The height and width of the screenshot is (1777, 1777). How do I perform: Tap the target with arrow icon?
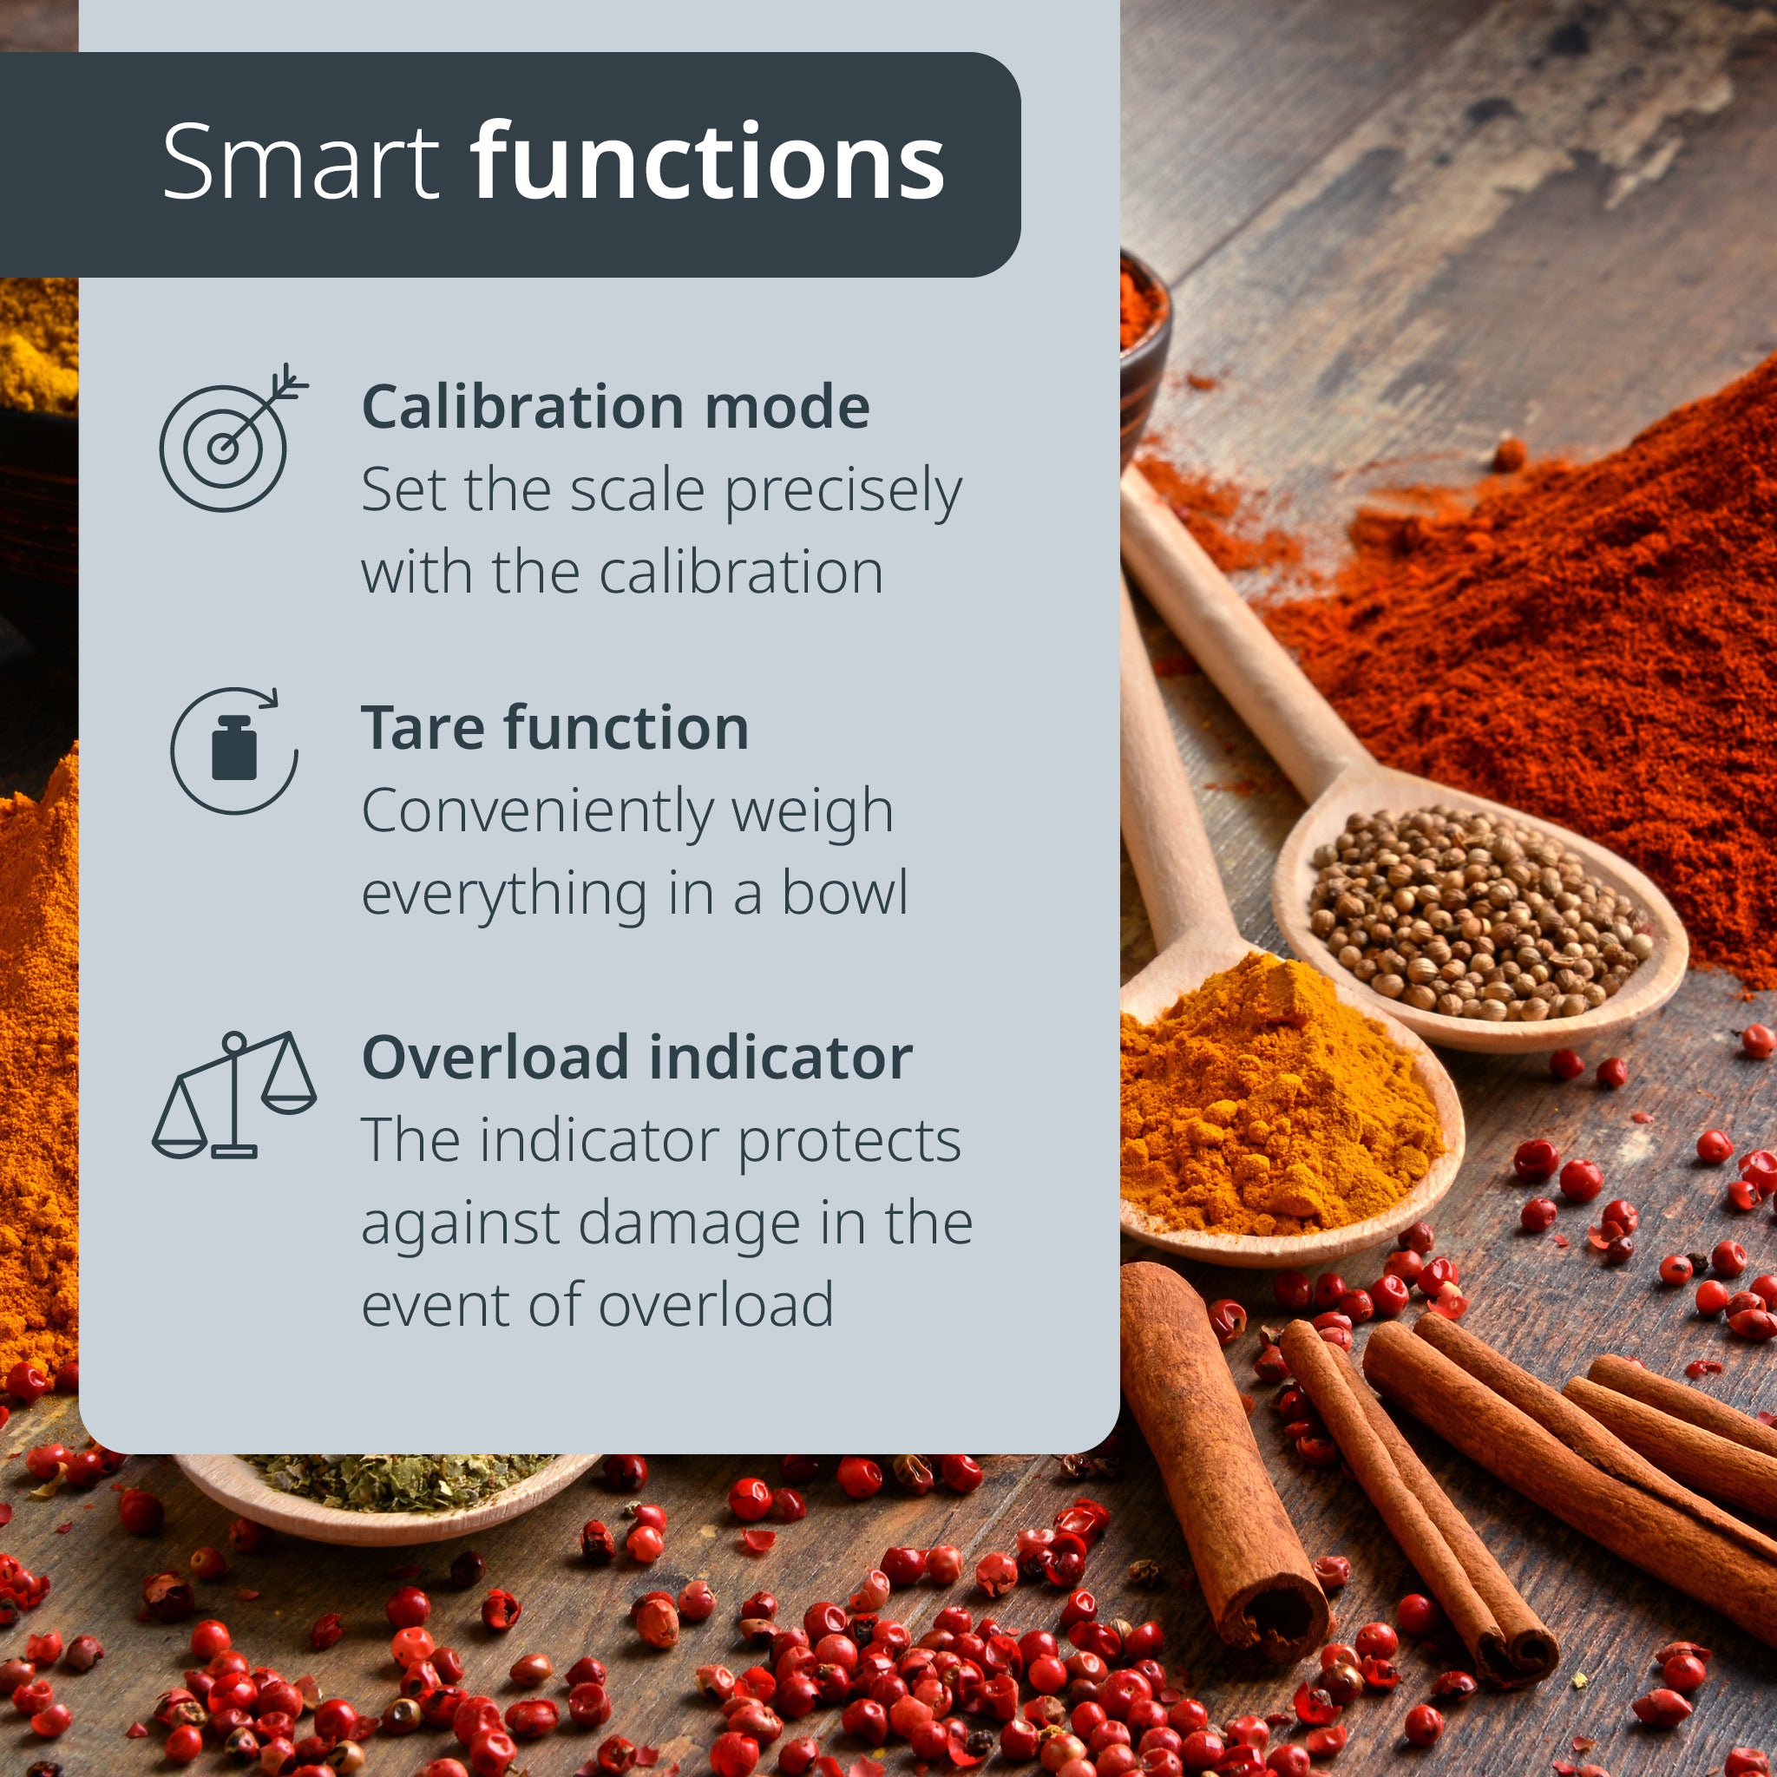pyautogui.click(x=233, y=437)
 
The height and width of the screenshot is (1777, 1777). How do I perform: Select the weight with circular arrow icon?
pyautogui.click(x=234, y=751)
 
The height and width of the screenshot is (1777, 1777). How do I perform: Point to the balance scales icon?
pyautogui.click(x=233, y=1094)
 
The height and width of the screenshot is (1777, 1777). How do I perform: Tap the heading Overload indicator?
pyautogui.click(x=637, y=1057)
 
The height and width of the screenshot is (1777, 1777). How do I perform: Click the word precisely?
pyautogui.click(x=843, y=493)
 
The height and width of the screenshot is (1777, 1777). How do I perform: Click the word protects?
pyautogui.click(x=849, y=1143)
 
